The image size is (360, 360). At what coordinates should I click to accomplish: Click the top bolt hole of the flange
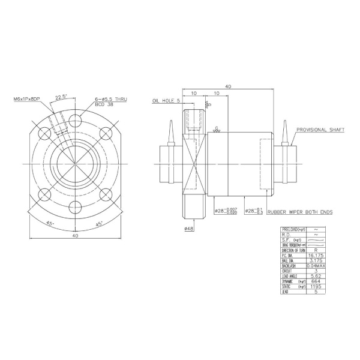[x=74, y=118]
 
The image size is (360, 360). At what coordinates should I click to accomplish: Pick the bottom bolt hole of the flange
[x=74, y=208]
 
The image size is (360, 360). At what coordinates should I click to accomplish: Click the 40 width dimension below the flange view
[x=74, y=236]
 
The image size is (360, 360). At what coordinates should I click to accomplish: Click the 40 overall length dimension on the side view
[x=229, y=86]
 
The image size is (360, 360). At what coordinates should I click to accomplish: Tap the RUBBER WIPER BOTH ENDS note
[x=300, y=212]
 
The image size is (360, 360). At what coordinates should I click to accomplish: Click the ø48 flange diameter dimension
[x=189, y=229]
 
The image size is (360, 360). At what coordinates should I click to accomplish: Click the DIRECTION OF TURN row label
[x=293, y=250]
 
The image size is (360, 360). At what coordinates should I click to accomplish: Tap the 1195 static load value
[x=316, y=287]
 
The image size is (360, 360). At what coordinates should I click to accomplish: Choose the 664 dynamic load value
[x=316, y=281]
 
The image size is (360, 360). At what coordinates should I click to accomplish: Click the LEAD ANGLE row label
[x=291, y=276]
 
